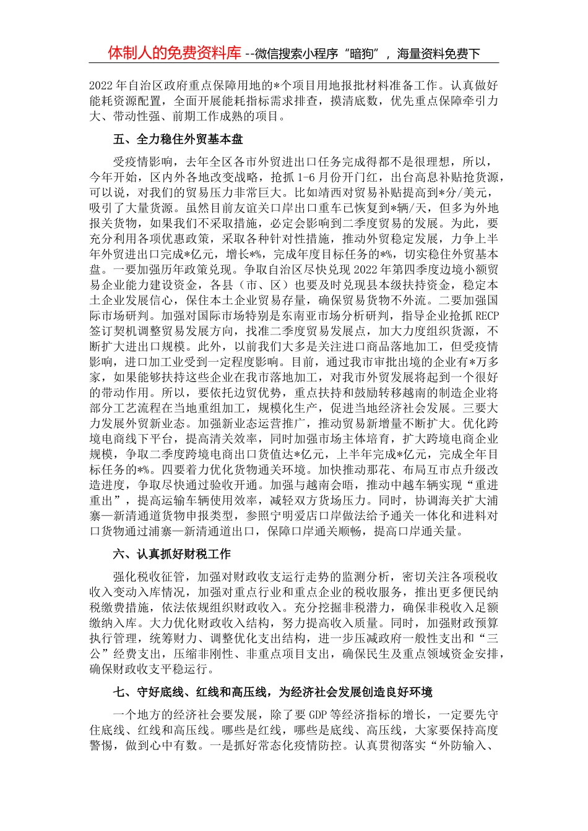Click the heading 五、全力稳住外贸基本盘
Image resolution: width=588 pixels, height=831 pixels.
pyautogui.click(x=178, y=140)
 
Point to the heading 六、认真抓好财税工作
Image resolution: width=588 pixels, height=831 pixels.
pyautogui.click(x=172, y=554)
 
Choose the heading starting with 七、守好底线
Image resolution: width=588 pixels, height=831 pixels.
pyautogui.click(x=273, y=692)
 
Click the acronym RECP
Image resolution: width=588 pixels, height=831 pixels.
pyautogui.click(x=486, y=316)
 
